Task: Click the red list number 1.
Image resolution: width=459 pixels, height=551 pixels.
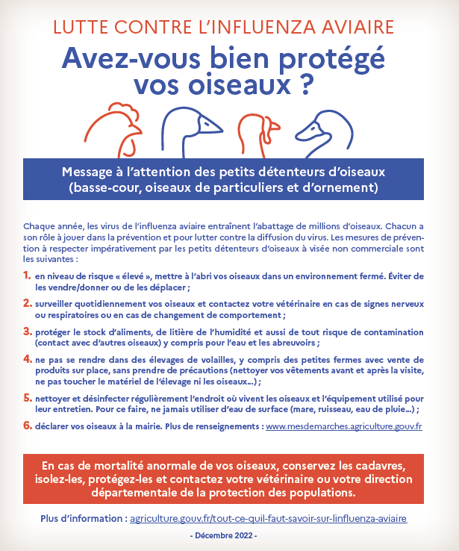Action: tap(27, 276)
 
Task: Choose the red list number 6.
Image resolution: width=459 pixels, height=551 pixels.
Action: tap(27, 426)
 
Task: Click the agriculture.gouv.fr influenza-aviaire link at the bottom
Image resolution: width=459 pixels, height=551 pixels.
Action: tap(269, 518)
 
